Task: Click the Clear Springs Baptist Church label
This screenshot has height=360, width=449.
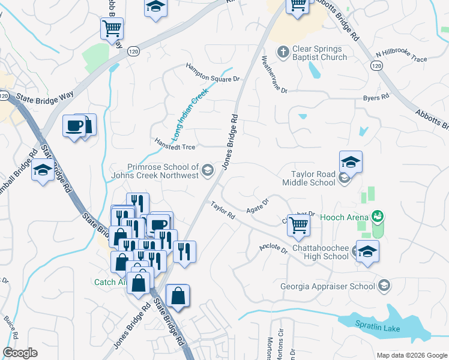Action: pyautogui.click(x=320, y=53)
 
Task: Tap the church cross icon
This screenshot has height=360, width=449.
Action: pyautogui.click(x=283, y=52)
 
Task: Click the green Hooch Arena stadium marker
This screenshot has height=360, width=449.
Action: pyautogui.click(x=378, y=215)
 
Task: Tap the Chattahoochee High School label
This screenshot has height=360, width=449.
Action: pyautogui.click(x=319, y=252)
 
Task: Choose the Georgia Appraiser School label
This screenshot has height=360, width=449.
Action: pyautogui.click(x=328, y=286)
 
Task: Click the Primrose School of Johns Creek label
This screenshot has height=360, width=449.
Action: pyautogui.click(x=162, y=171)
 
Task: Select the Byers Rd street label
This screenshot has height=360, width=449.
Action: pyautogui.click(x=373, y=98)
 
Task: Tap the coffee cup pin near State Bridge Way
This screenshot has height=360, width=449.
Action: pyautogui.click(x=75, y=126)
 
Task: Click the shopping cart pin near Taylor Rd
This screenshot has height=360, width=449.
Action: pyautogui.click(x=298, y=225)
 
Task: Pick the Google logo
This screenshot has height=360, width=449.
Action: pyautogui.click(x=20, y=353)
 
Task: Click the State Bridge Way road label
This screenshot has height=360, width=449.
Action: pyautogui.click(x=45, y=97)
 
